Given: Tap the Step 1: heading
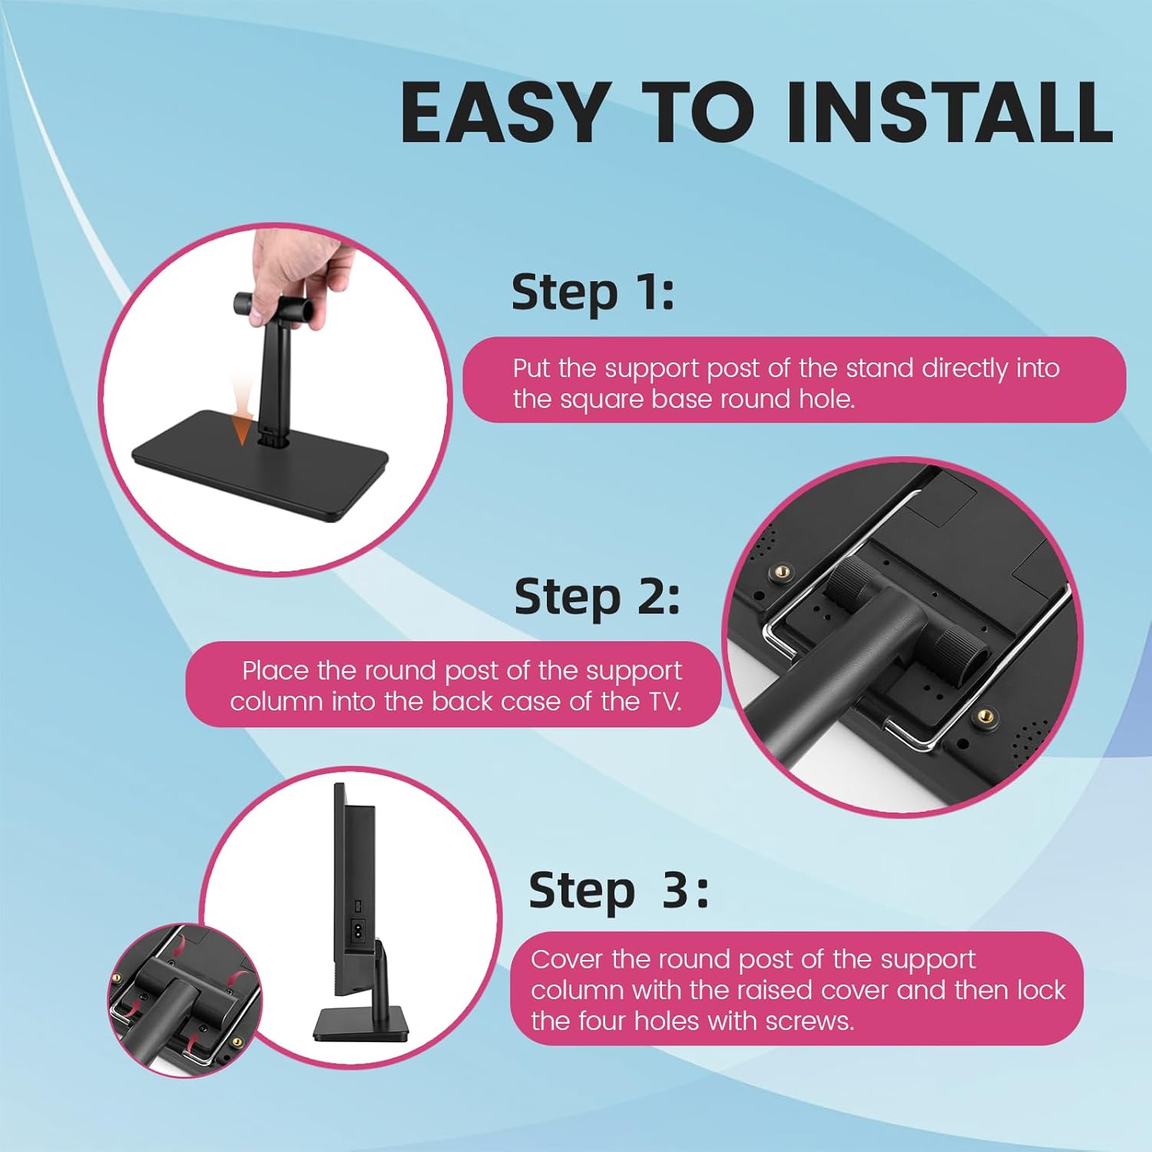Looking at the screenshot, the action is pyautogui.click(x=593, y=293).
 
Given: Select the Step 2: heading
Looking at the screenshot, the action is pyautogui.click(x=597, y=598).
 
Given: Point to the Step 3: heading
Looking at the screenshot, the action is pyautogui.click(x=618, y=891).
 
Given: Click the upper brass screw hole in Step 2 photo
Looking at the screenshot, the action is pyautogui.click(x=783, y=571).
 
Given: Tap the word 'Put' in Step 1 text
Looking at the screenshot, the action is pyautogui.click(x=531, y=369).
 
